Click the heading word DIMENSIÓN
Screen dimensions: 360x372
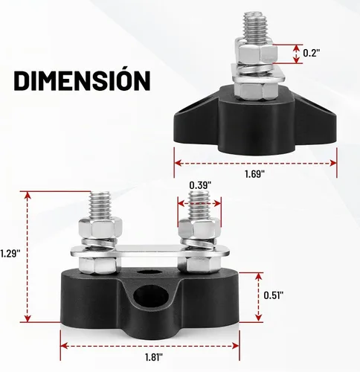point(82,80)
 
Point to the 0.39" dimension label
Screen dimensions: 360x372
point(200,185)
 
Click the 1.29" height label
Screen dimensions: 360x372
point(10,254)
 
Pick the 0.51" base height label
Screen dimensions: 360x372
point(274,295)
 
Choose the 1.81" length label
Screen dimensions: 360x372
point(154,357)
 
